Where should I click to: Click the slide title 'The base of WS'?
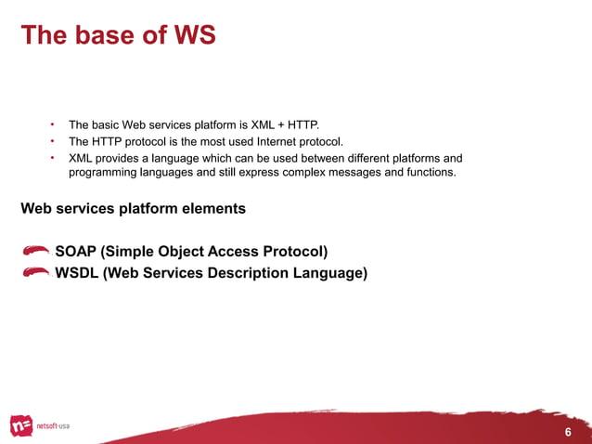[x=118, y=35]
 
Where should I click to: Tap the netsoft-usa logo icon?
[x=21, y=425]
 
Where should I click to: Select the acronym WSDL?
[x=77, y=273]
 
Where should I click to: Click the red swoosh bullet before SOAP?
[x=36, y=251]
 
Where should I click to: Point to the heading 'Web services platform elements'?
[x=133, y=208]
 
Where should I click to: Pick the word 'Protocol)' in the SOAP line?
[x=295, y=251]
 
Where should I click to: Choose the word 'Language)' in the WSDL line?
[x=328, y=273]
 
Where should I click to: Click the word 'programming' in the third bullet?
[x=102, y=173]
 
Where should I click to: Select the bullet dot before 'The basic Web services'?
[x=54, y=124]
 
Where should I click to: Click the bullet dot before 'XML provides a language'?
[x=54, y=158]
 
